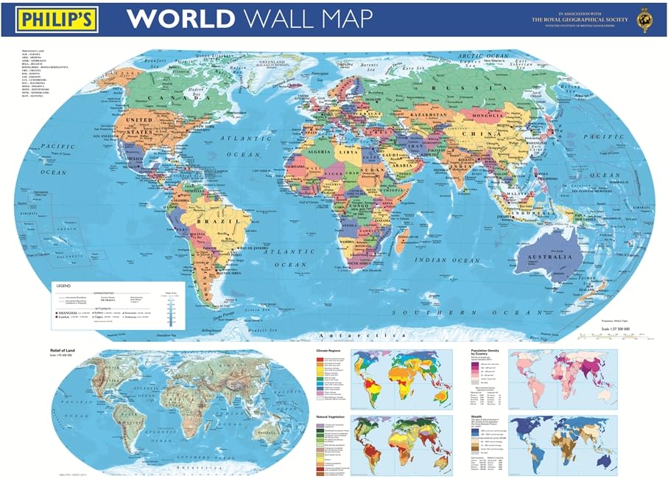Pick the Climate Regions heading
point(331,351)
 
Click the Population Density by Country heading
point(487,354)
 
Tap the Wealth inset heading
point(478,416)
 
